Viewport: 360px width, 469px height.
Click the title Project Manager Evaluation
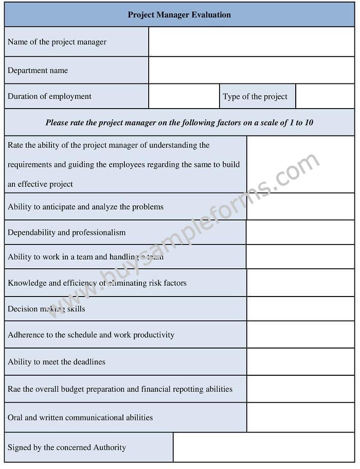pos(179,14)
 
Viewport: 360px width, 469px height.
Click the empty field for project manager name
pos(251,42)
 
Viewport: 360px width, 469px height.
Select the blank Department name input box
pos(251,70)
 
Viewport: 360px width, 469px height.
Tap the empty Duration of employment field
pos(184,96)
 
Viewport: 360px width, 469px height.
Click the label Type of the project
pos(255,96)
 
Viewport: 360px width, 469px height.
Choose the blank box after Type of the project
pos(325,96)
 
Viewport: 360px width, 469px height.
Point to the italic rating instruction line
pos(179,123)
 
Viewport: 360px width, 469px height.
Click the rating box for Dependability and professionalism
pos(300,232)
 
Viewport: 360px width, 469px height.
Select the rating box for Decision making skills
pos(300,309)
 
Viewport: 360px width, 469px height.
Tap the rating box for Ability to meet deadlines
pos(300,362)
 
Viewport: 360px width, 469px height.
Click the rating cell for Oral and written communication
pos(300,418)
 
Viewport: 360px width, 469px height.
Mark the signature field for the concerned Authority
pos(263,447)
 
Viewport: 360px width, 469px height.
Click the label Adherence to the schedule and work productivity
pos(91,335)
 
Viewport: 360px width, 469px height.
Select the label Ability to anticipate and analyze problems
pos(85,206)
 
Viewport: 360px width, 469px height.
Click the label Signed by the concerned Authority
pos(67,447)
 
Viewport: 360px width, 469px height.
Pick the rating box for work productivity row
pos(300,335)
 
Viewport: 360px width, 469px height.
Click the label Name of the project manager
pos(57,42)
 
